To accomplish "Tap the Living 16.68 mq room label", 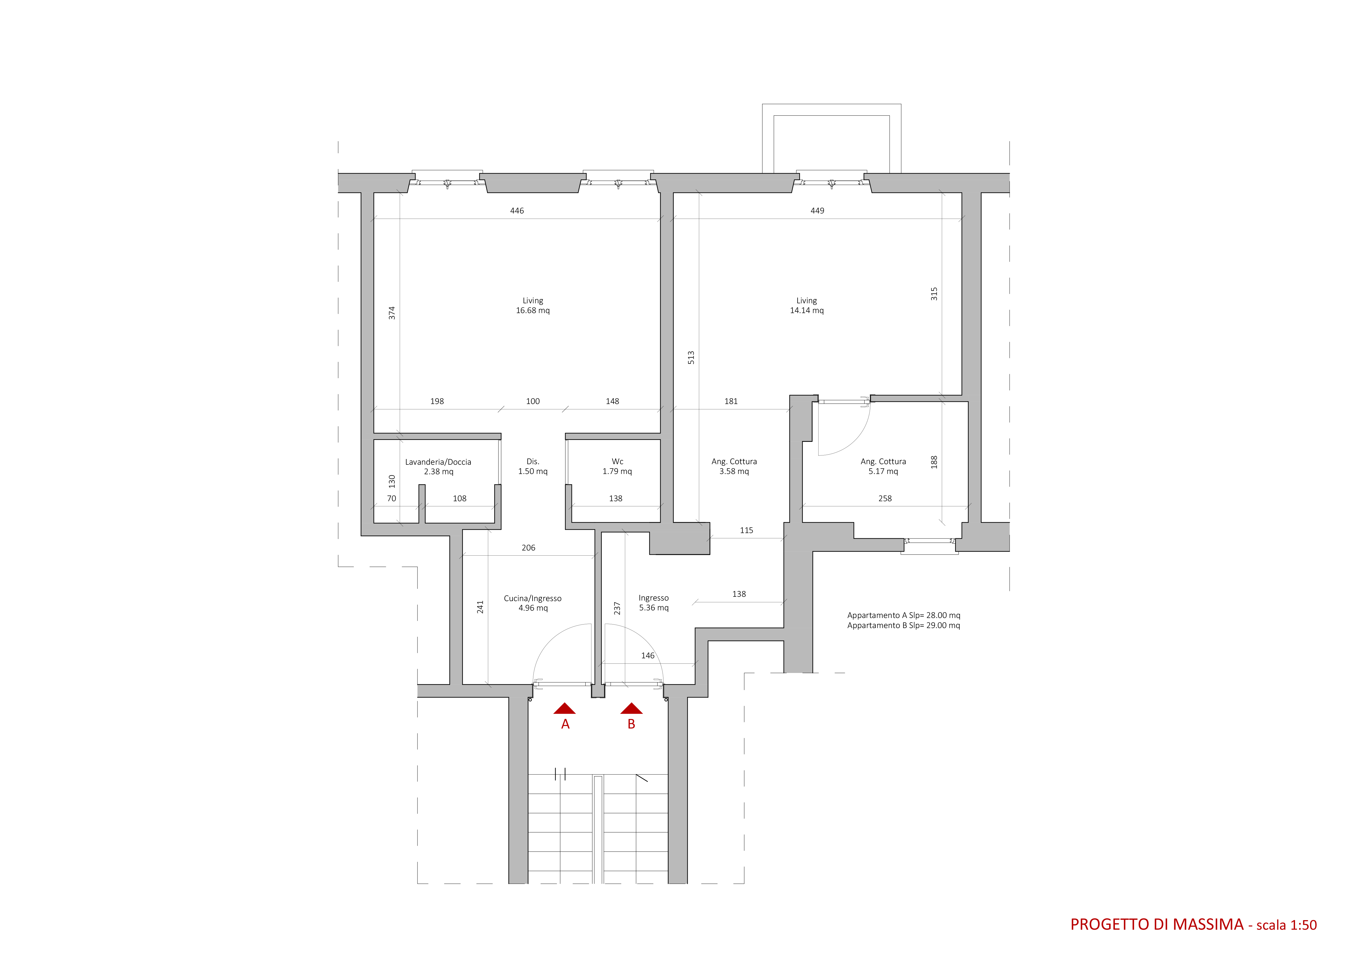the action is [533, 305].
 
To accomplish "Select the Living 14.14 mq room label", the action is [807, 305].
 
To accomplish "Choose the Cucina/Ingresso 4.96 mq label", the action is [533, 603].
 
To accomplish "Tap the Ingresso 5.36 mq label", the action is [654, 603].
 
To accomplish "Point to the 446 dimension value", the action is [517, 210].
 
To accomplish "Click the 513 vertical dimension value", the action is [691, 357].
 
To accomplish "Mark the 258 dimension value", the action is [885, 498].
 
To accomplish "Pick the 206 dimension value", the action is [528, 547].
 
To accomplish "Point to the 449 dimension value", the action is [817, 210].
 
